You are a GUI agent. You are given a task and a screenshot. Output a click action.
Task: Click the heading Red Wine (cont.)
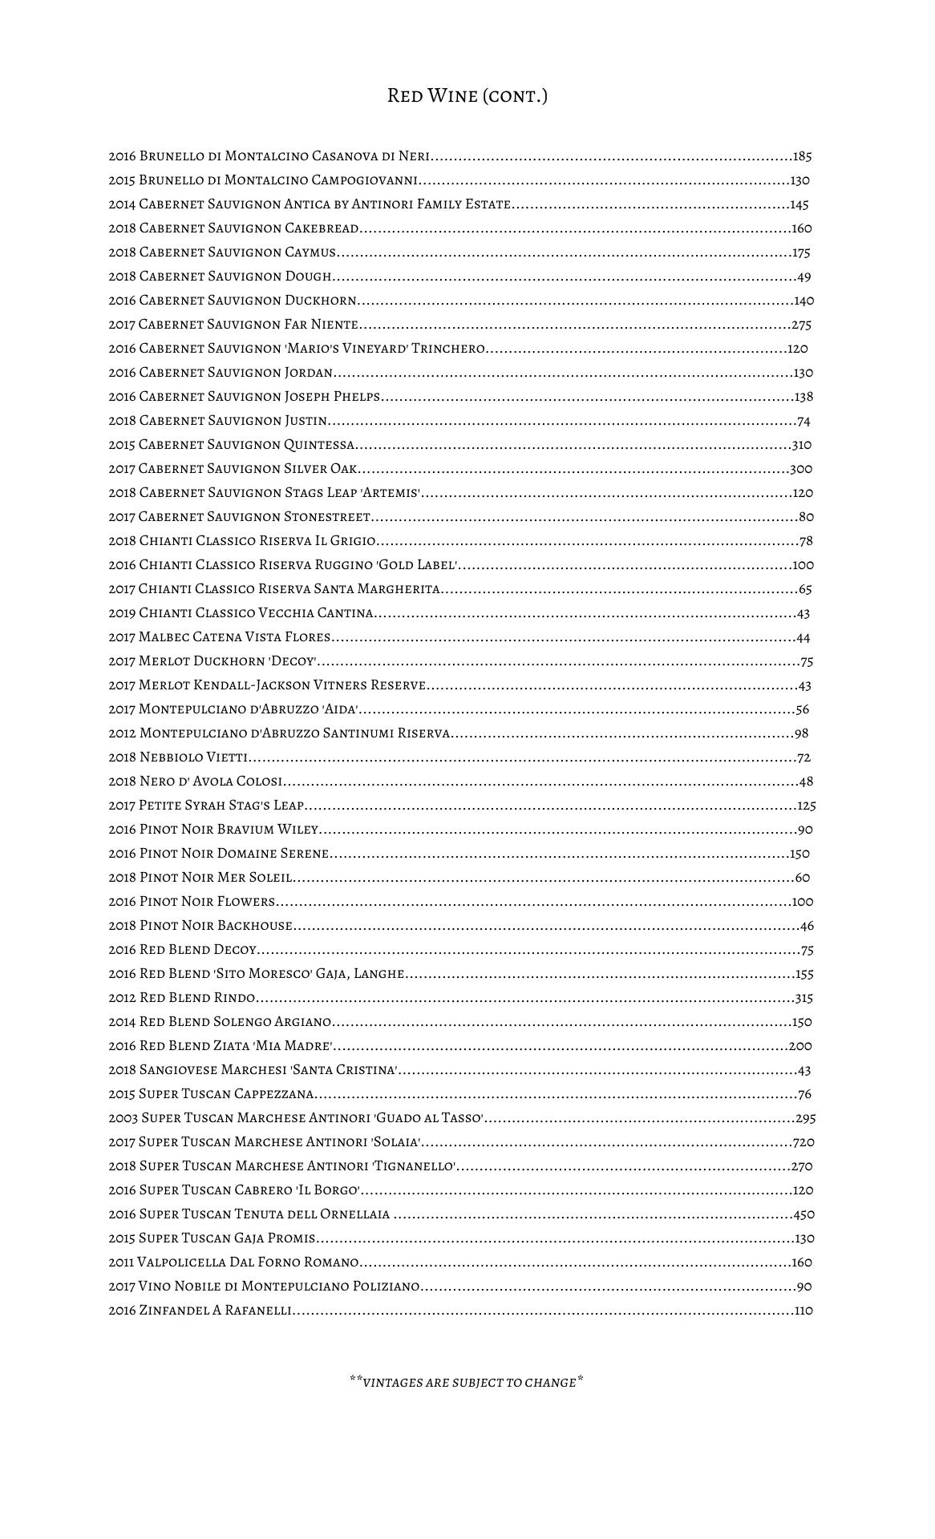pos(467,96)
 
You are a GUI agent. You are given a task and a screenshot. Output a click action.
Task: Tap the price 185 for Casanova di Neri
pos(803,156)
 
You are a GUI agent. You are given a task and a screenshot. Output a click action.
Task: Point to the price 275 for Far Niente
pos(802,325)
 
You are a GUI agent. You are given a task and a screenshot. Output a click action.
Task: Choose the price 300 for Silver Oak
pos(801,470)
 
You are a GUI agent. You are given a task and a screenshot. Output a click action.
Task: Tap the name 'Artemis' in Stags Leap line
pos(393,493)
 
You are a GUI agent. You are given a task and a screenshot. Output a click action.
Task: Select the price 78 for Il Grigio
pos(806,542)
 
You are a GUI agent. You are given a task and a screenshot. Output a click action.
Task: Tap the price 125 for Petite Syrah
pos(807,806)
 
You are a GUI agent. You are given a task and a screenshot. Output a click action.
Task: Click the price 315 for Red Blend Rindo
pos(803,999)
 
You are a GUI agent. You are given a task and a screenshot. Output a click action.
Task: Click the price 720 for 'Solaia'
pos(803,1143)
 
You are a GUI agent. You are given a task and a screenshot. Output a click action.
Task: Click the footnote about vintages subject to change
pos(466,1382)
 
